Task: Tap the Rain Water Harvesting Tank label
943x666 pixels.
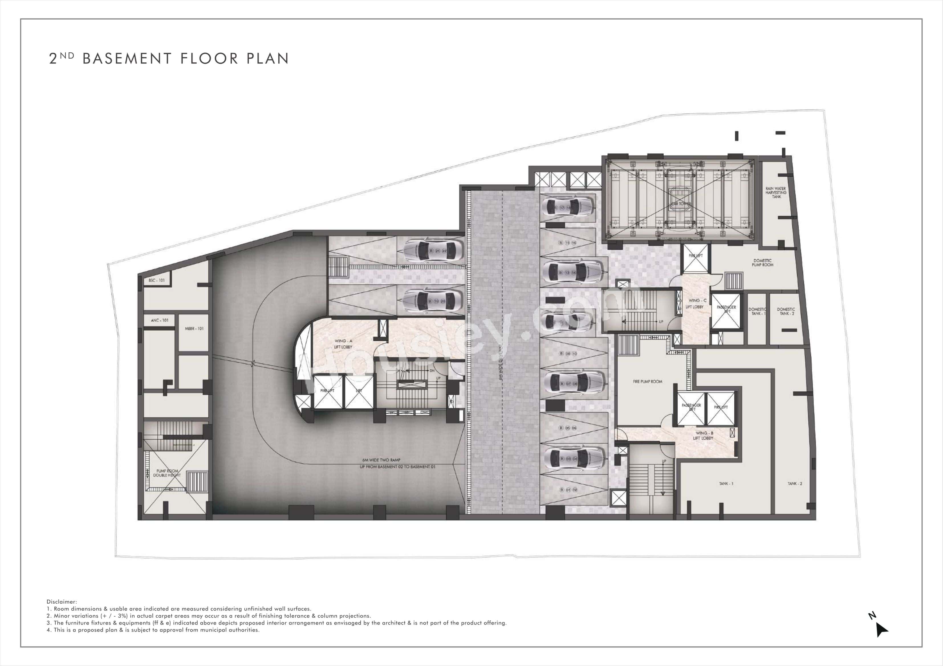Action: pyautogui.click(x=776, y=192)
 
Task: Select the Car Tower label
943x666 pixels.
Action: pyautogui.click(x=680, y=204)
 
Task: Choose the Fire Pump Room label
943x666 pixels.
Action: pyautogui.click(x=647, y=382)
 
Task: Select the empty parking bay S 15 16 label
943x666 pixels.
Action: pyautogui.click(x=567, y=243)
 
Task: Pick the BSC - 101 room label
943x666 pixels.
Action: pyautogui.click(x=157, y=280)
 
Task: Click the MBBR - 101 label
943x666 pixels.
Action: pyautogui.click(x=194, y=329)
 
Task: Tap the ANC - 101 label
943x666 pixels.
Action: pyautogui.click(x=159, y=320)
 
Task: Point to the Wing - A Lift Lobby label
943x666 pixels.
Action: pyautogui.click(x=343, y=344)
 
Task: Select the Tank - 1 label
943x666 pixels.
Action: pyautogui.click(x=726, y=484)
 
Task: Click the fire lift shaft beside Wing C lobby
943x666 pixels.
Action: pyautogui.click(x=695, y=258)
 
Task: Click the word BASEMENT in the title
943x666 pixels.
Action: pyautogui.click(x=127, y=59)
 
